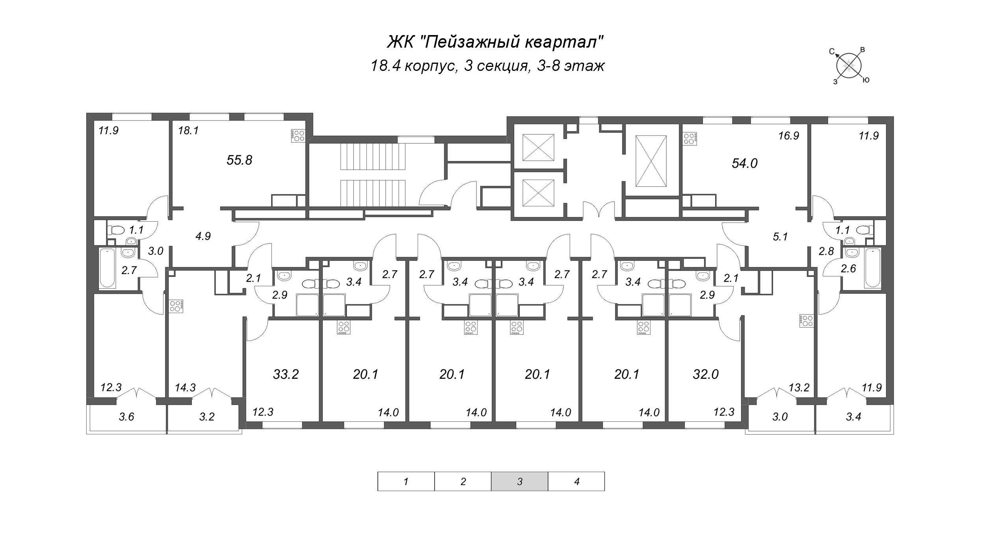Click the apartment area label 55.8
point(239,160)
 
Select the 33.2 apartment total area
point(286,374)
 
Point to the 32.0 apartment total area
point(706,374)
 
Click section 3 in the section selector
point(519,481)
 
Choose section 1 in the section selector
point(406,481)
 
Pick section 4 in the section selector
point(576,481)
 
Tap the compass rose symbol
point(849,66)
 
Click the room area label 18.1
point(188,131)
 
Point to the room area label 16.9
point(788,136)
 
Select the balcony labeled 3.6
point(126,417)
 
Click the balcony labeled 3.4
point(853,417)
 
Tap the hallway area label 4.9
point(203,236)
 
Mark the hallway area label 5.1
point(780,237)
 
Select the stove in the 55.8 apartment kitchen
point(298,135)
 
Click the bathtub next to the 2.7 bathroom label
point(108,268)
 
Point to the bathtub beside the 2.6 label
point(873,268)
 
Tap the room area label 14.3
point(185,388)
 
